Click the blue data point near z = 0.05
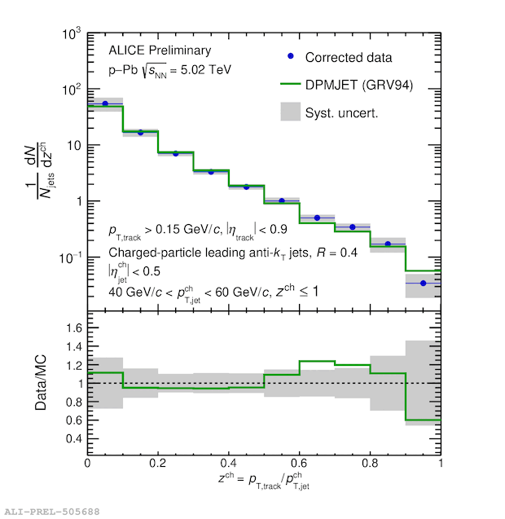(x=105, y=103)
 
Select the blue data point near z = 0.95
(x=423, y=283)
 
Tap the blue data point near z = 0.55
(x=282, y=200)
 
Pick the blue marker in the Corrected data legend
(x=291, y=58)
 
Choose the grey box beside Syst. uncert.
(x=291, y=112)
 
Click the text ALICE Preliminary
(x=148, y=51)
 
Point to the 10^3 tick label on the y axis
(x=70, y=35)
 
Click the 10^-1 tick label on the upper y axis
(x=68, y=257)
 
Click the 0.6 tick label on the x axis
(x=299, y=463)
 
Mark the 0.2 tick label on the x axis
(x=158, y=463)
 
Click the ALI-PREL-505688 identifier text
(x=50, y=511)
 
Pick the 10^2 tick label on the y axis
(x=70, y=90)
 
